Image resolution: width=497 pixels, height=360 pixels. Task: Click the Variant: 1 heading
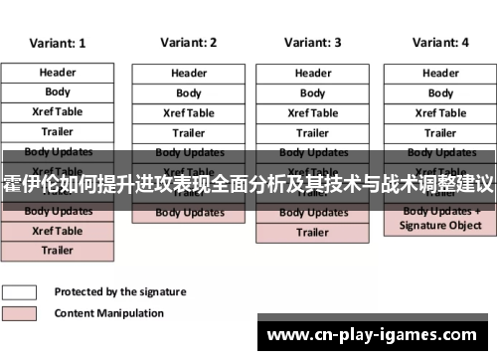(57, 43)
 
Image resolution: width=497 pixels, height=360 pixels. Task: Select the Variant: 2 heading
(188, 43)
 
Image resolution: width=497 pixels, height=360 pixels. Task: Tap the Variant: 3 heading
(312, 43)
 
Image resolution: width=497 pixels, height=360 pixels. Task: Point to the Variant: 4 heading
(440, 43)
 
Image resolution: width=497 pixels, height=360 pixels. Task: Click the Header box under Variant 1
(57, 73)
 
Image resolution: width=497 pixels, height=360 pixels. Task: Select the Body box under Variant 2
(189, 93)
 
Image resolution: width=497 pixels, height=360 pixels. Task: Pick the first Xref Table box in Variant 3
(312, 113)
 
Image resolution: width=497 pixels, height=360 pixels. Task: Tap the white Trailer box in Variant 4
(440, 132)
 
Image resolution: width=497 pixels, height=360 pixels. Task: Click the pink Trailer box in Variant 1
(57, 251)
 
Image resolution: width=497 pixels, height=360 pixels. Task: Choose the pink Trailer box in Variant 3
(312, 233)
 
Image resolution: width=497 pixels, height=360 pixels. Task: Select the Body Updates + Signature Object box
(440, 219)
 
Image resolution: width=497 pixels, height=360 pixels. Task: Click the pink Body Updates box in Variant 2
(189, 213)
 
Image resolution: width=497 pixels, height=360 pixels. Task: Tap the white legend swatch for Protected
(20, 292)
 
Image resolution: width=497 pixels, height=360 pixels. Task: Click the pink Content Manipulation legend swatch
(20, 313)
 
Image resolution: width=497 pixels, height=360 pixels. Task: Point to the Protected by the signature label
(119, 292)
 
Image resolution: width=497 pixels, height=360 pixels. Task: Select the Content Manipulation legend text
(109, 313)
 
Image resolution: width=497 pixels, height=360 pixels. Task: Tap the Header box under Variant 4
(440, 73)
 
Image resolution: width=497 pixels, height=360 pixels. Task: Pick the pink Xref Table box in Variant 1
(57, 231)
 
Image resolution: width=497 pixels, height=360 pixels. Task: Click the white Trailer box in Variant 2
(189, 133)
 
